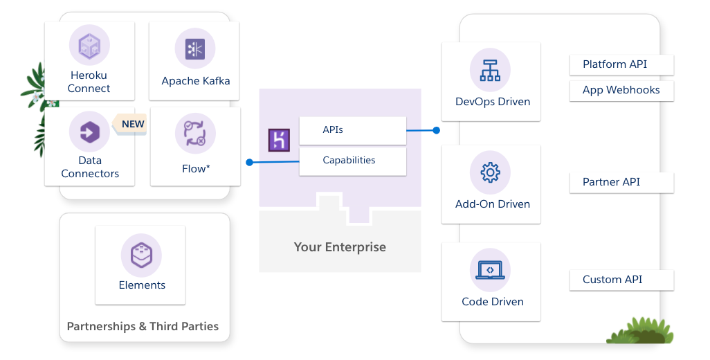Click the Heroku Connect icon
[x=89, y=46]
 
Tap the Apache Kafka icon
[x=195, y=49]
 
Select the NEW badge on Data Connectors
[x=131, y=125]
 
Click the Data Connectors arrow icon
[x=89, y=132]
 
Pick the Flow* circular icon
[x=195, y=134]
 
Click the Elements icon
[x=141, y=255]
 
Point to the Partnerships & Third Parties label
[x=143, y=326]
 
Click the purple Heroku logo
[x=279, y=141]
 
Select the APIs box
[x=352, y=130]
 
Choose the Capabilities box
[x=352, y=161]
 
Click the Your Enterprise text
[x=340, y=247]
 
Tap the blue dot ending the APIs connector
[x=436, y=130]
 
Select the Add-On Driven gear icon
[x=490, y=172]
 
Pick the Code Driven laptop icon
[x=490, y=270]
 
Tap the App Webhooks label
[x=621, y=90]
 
